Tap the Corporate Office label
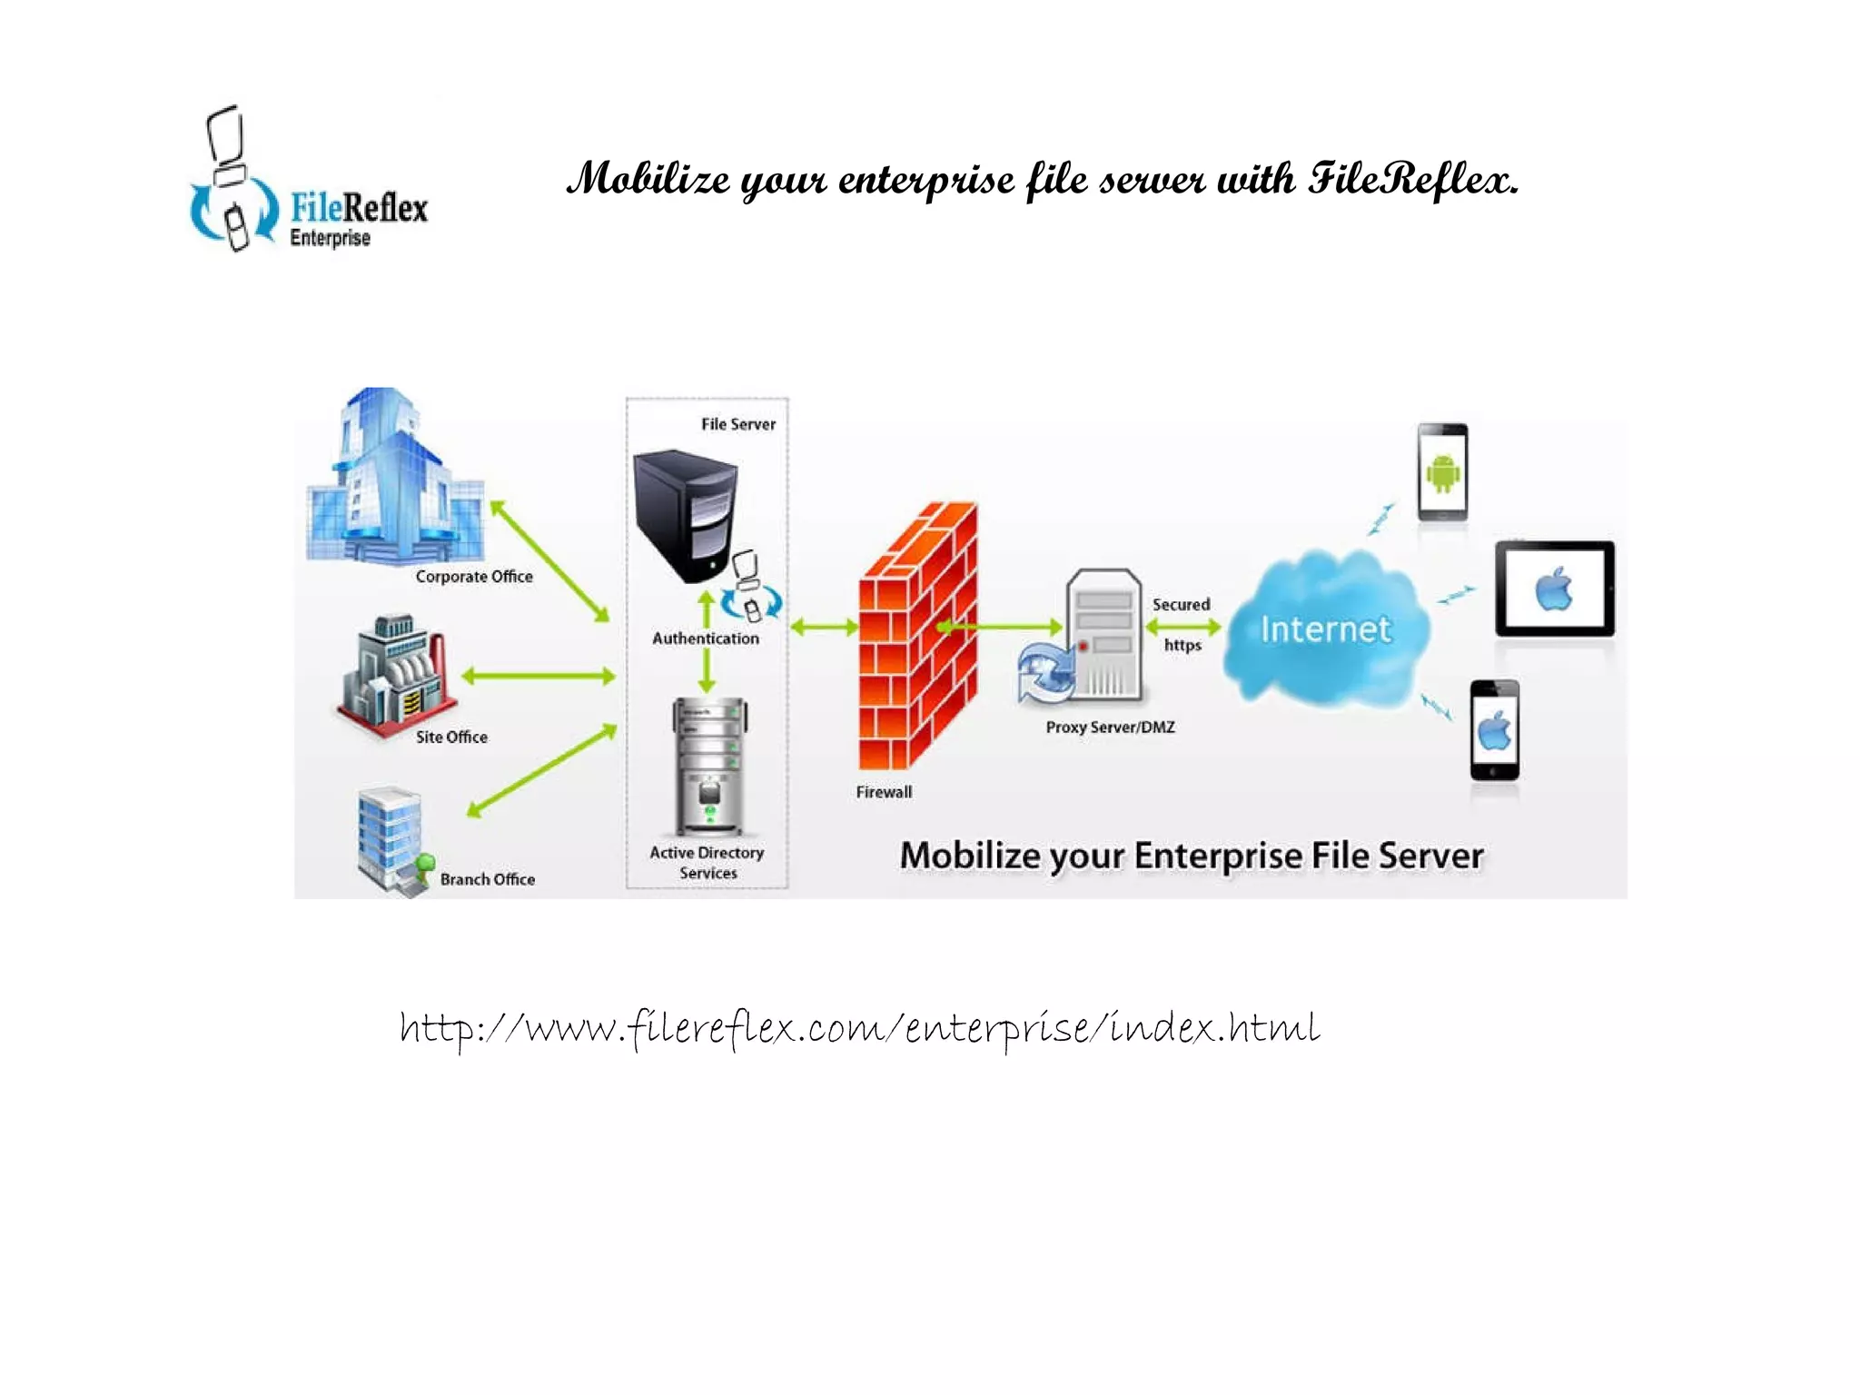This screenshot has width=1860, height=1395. pos(473,577)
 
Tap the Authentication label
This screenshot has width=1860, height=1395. pos(705,638)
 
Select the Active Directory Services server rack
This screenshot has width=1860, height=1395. pos(709,766)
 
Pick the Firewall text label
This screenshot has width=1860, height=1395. pos(883,792)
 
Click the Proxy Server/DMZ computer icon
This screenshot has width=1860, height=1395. pos(1102,637)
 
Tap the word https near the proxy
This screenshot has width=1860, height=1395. pos(1182,645)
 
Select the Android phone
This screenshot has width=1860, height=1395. pos(1442,472)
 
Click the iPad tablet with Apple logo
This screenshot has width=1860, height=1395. pos(1554,589)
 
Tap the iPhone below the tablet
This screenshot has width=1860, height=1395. pos(1494,730)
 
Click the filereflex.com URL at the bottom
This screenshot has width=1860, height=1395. pos(859,1029)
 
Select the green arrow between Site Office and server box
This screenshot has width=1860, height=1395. pos(539,676)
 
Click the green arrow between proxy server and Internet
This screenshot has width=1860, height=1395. pos(1182,627)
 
